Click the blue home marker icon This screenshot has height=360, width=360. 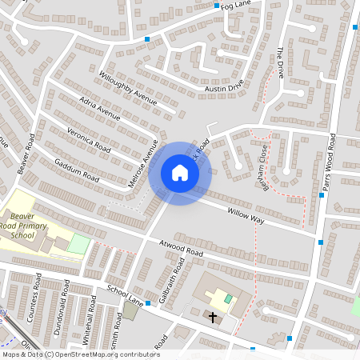tap(180, 173)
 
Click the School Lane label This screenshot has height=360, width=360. tap(124, 295)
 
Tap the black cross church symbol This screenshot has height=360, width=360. tap(213, 318)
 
